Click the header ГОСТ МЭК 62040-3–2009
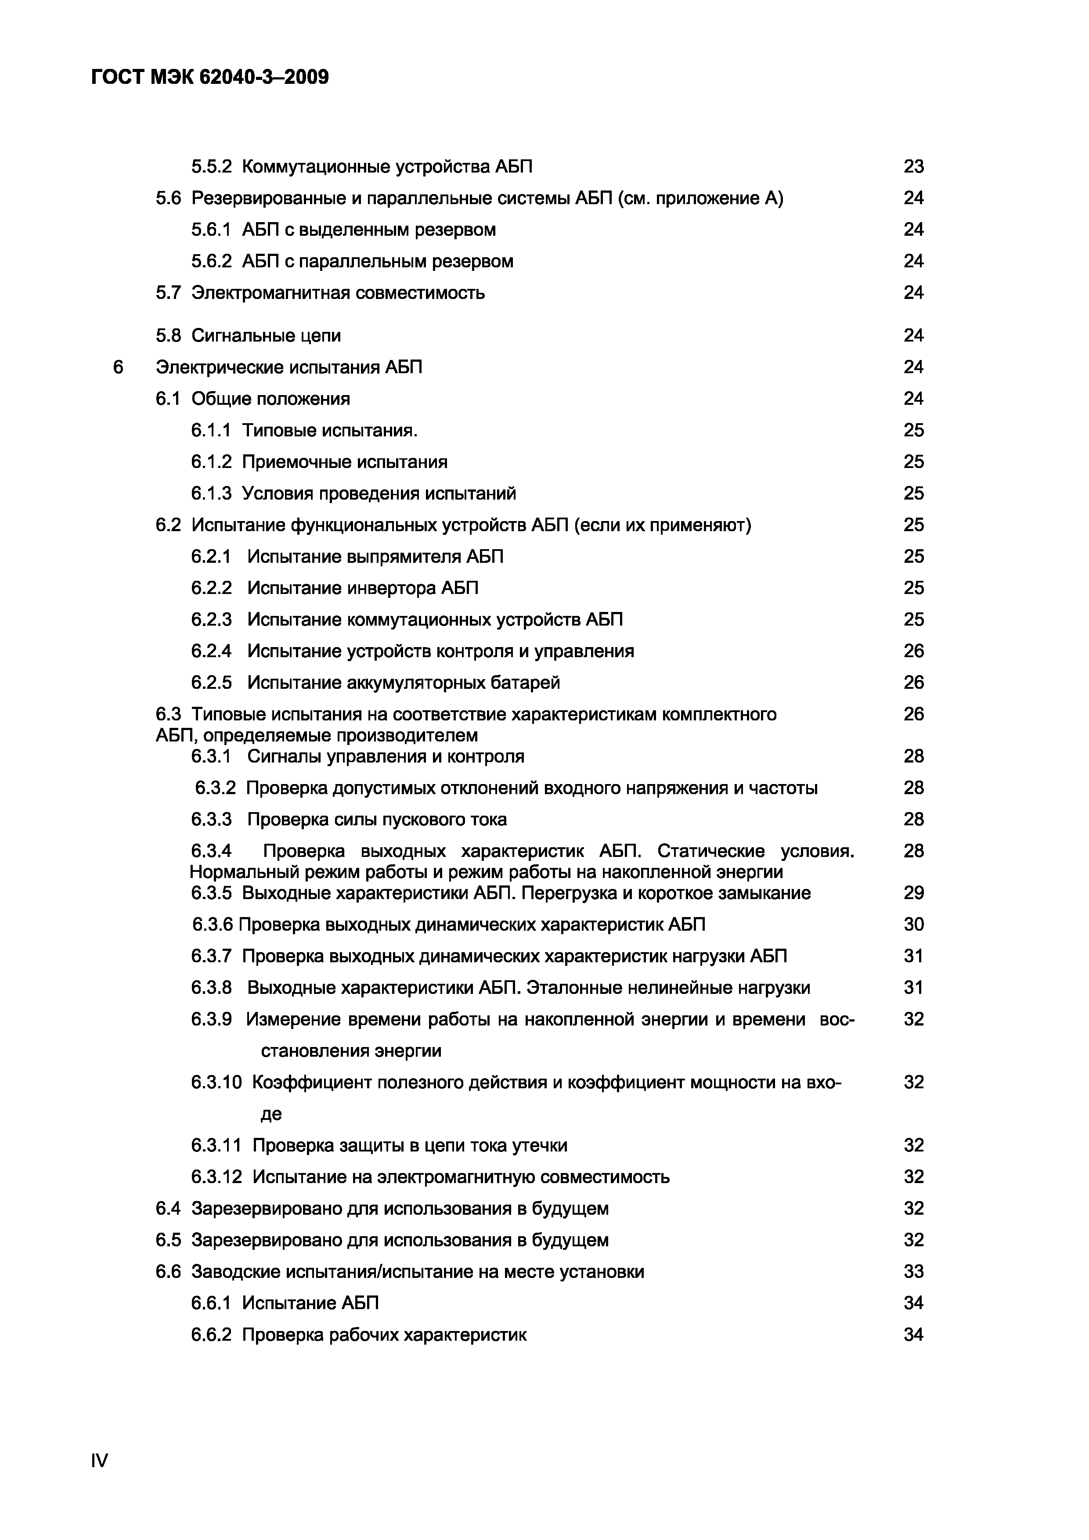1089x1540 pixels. [x=210, y=78]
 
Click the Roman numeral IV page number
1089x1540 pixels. [x=99, y=1460]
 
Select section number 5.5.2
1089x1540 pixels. [x=211, y=166]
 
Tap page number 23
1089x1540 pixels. [x=913, y=166]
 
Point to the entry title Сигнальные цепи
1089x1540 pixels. [x=267, y=335]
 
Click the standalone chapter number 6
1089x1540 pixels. [x=118, y=367]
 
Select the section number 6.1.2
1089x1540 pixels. [x=211, y=462]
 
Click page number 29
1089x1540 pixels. [x=913, y=893]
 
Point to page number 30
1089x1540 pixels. [x=913, y=925]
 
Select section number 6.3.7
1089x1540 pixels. [x=211, y=957]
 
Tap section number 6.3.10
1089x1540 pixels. [x=216, y=1083]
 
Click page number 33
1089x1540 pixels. [x=913, y=1272]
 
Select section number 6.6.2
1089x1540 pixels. [x=211, y=1335]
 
